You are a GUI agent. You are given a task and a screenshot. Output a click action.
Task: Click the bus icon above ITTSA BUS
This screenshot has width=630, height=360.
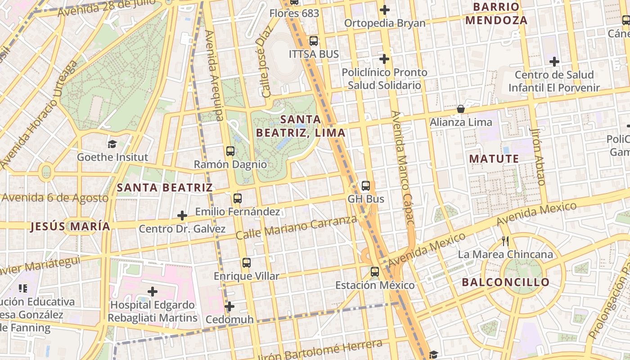click(314, 41)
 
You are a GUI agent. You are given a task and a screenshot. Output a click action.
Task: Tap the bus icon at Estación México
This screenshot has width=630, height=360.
click(375, 272)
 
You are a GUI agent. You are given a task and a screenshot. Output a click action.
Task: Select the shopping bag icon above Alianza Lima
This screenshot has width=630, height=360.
click(461, 109)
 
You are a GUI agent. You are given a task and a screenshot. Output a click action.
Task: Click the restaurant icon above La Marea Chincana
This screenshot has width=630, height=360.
click(505, 241)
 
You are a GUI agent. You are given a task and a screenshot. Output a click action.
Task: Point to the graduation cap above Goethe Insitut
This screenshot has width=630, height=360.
click(112, 144)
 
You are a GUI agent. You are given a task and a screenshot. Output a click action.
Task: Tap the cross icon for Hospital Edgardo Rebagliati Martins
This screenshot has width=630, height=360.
click(153, 292)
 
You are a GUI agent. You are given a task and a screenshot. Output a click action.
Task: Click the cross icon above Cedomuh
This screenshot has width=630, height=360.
click(229, 306)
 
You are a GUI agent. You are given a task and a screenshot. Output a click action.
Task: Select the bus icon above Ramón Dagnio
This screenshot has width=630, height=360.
click(230, 151)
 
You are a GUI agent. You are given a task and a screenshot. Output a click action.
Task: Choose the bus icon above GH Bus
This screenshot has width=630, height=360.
click(366, 185)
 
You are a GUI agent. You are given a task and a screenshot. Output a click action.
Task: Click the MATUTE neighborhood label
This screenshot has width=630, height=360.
click(494, 159)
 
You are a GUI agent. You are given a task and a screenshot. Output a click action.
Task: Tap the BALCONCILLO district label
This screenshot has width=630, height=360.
click(506, 283)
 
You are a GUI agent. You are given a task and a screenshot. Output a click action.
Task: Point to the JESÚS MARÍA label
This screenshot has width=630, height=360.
click(70, 226)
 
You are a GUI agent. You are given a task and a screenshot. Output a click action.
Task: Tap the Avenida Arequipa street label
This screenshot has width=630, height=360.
click(214, 76)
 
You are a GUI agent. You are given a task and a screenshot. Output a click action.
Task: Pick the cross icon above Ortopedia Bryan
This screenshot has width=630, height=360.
click(384, 9)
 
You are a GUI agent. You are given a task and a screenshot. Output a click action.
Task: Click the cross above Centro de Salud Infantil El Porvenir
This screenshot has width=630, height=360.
click(554, 61)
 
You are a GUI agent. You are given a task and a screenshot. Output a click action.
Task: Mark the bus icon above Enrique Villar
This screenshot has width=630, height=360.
click(246, 263)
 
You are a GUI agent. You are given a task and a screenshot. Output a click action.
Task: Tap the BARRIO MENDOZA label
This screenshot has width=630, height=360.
click(496, 13)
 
